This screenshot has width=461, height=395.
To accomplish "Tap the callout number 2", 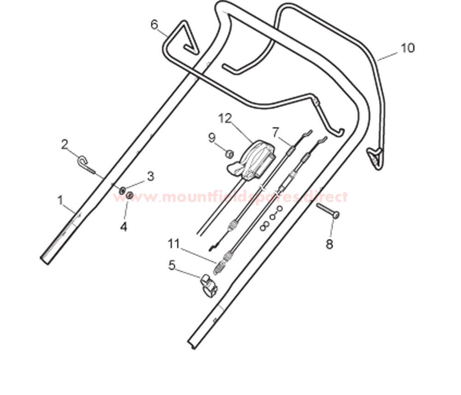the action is click(x=65, y=144).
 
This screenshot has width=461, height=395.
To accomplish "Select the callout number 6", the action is click(x=154, y=25).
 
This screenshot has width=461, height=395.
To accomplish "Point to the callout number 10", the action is click(x=408, y=48).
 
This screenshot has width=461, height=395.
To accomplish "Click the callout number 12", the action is click(x=225, y=118).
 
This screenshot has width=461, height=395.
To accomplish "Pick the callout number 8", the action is click(x=329, y=244).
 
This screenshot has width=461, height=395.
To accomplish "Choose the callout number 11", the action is click(x=173, y=244).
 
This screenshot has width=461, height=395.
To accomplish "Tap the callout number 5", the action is click(x=172, y=265).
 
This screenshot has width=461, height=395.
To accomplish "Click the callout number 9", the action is click(x=212, y=138).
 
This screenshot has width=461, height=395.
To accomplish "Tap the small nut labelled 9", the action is click(x=230, y=154).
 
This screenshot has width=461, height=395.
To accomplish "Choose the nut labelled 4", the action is click(x=130, y=195).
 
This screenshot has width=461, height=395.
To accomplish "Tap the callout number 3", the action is click(x=151, y=177).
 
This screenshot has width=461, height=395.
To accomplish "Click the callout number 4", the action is click(x=124, y=227).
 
